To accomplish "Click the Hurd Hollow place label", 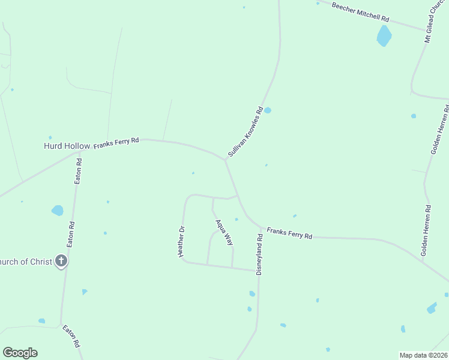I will pyautogui.click(x=67, y=146).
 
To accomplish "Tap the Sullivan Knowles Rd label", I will pyautogui.click(x=246, y=132).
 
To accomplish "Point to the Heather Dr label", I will pyautogui.click(x=181, y=241).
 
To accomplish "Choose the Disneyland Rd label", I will pyautogui.click(x=260, y=254).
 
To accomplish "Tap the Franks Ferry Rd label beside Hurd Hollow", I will pyautogui.click(x=116, y=143).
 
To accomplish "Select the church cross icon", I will pyautogui.click(x=61, y=261).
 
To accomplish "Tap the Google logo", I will pyautogui.click(x=20, y=353).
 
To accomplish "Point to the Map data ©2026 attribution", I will pyautogui.click(x=423, y=355).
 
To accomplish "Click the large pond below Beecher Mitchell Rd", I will pyautogui.click(x=384, y=36).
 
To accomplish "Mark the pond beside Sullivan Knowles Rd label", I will pyautogui.click(x=268, y=110).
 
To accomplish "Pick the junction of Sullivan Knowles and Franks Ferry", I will pyautogui.click(x=226, y=160).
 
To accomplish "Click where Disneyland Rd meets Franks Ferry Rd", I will pyautogui.click(x=262, y=228).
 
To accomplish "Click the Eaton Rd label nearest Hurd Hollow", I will pyautogui.click(x=78, y=172).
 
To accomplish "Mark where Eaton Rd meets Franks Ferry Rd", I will pyautogui.click(x=79, y=152).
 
